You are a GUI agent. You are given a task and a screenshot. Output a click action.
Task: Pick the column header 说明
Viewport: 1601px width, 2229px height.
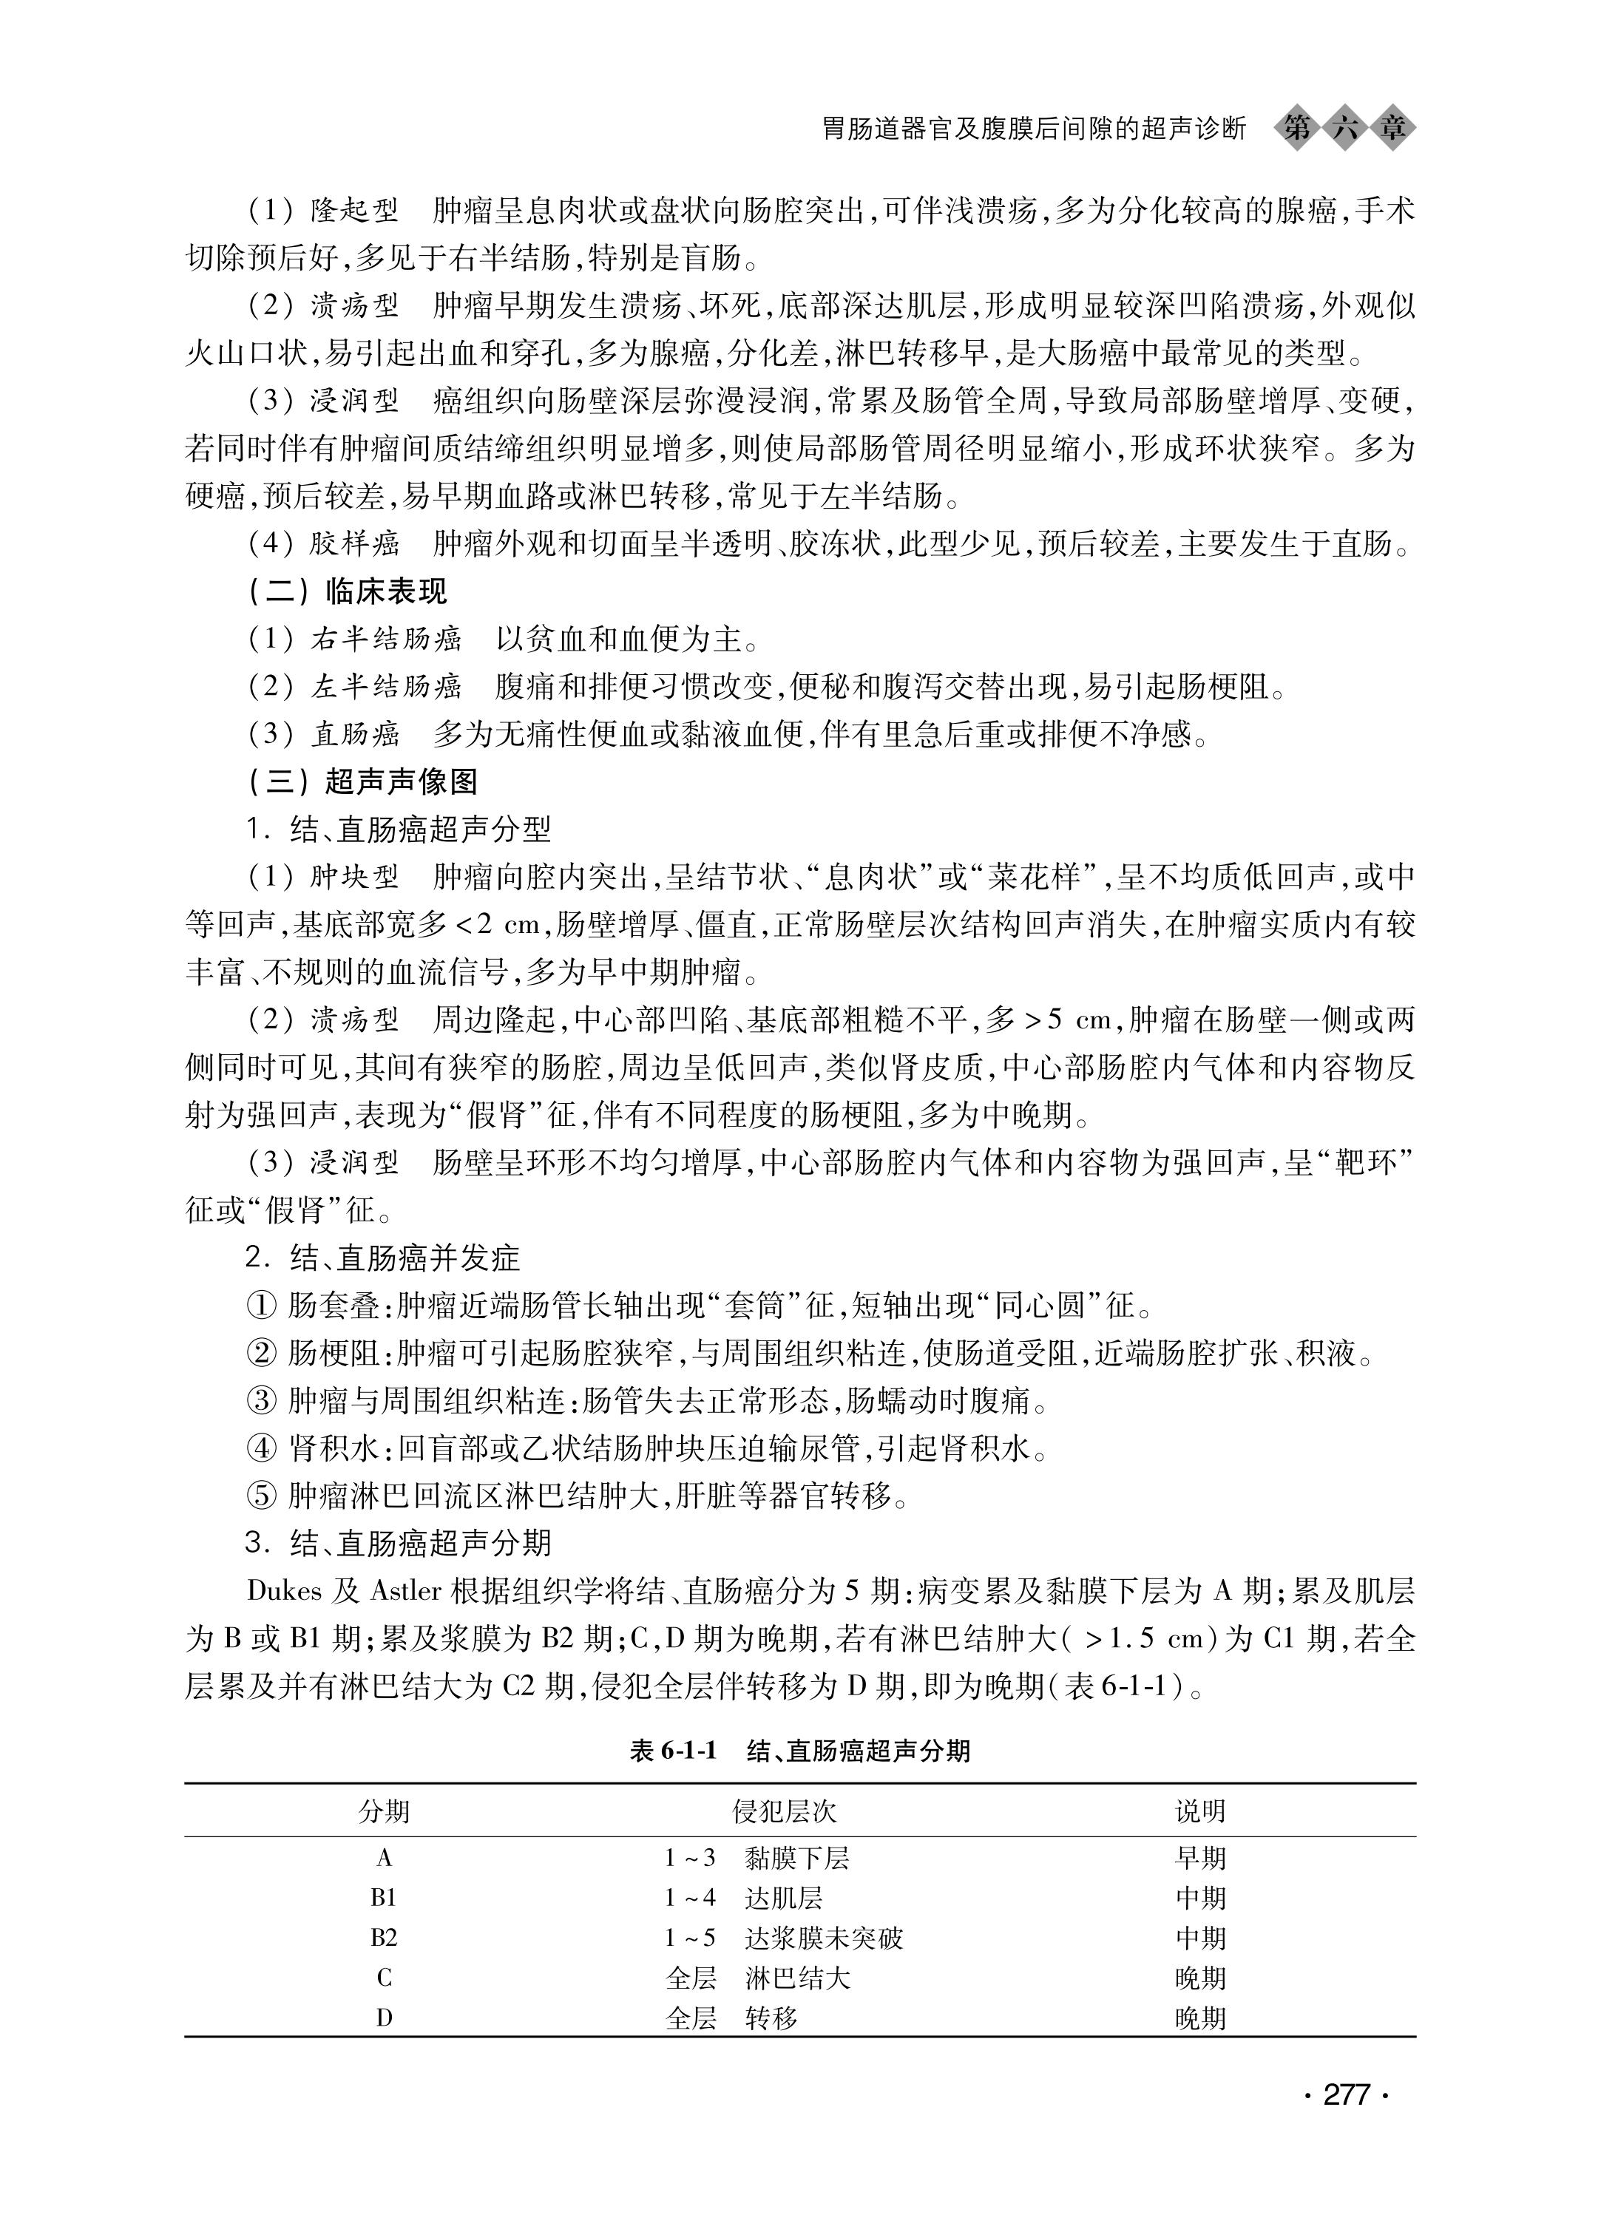(1200, 1811)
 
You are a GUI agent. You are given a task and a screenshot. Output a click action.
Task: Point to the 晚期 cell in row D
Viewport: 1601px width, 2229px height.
(1200, 2019)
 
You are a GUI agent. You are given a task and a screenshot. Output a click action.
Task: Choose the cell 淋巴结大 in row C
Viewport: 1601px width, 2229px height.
(797, 1978)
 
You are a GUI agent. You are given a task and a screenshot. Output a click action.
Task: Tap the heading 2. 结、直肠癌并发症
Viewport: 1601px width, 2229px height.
(383, 1258)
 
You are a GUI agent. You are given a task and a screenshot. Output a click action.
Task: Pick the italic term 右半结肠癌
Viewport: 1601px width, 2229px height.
(385, 639)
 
